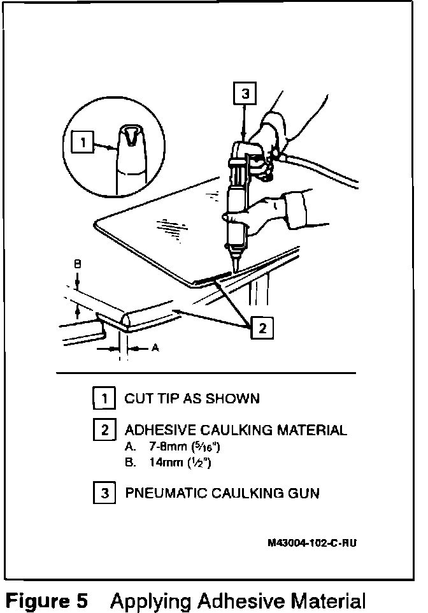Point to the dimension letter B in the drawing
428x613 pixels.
78,263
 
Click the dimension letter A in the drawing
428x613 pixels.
155,349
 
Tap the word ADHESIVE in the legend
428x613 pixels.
156,430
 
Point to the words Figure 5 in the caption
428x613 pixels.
47,600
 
